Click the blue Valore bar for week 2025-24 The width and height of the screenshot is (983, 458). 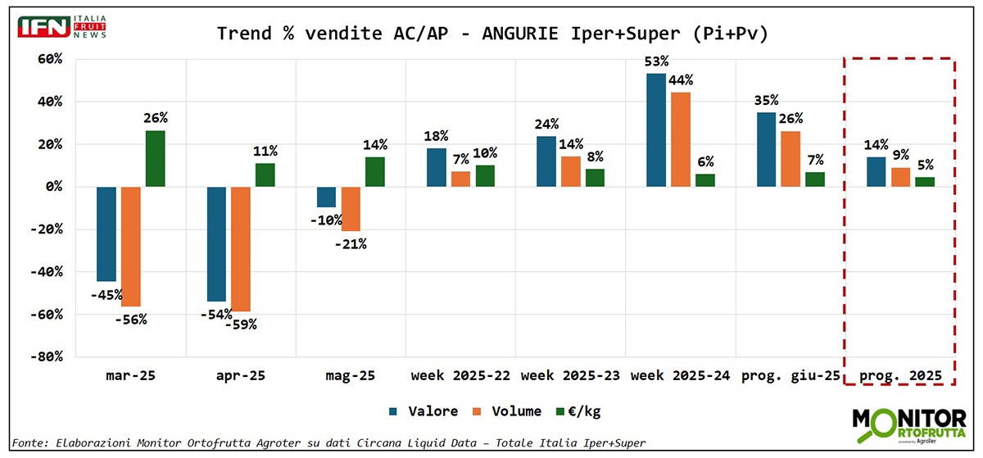pos(655,130)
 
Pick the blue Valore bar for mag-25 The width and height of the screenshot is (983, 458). pos(326,197)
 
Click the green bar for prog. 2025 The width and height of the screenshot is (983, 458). pos(924,182)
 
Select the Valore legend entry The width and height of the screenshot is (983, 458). pos(424,411)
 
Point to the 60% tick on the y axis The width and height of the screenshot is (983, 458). pos(49,59)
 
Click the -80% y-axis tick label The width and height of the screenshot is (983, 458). pos(46,356)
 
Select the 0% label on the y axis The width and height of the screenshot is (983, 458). pos(52,187)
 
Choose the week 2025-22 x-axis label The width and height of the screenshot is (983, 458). pos(460,377)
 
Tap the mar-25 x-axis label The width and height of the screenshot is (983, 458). pos(131,377)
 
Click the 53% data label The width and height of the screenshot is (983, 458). pos(656,61)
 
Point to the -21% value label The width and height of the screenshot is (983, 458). pos(351,244)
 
